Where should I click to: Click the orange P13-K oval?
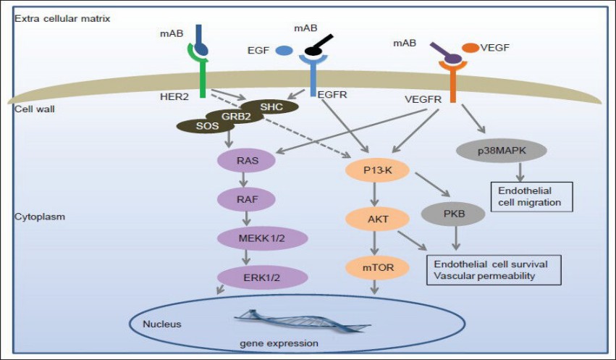pos(376,171)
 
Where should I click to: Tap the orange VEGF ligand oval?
pos(470,47)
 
